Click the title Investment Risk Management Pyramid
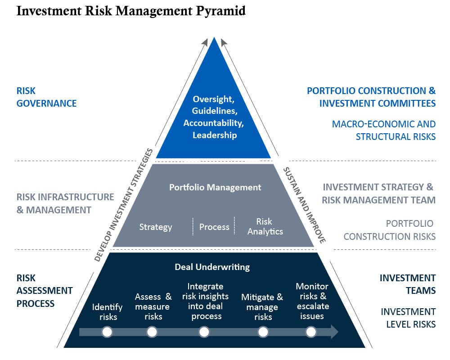click(x=131, y=11)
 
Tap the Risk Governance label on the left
click(x=46, y=97)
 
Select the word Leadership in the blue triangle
click(x=215, y=135)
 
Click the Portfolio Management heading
click(x=215, y=187)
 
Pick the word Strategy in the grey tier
click(x=156, y=227)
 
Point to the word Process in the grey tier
click(x=214, y=227)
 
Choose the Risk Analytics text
click(x=265, y=226)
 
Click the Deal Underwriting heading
click(x=212, y=267)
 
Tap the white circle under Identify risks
click(x=107, y=332)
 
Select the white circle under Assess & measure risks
click(x=152, y=332)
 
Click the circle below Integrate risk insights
click(x=204, y=332)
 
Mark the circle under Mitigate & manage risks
click(x=263, y=332)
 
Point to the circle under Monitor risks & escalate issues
click(x=311, y=332)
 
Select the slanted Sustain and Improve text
click(x=304, y=205)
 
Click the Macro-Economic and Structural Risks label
click(x=384, y=130)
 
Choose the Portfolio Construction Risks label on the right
click(x=390, y=229)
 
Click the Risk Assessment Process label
click(x=45, y=291)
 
